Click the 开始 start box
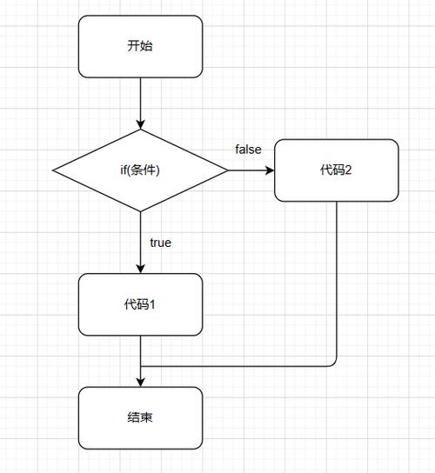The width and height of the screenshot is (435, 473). pyautogui.click(x=140, y=46)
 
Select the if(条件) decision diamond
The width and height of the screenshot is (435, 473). pyautogui.click(x=140, y=170)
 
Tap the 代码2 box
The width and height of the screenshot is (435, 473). pyautogui.click(x=336, y=170)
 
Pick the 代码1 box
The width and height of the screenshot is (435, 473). pyautogui.click(x=140, y=304)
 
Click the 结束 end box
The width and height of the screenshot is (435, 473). pyautogui.click(x=140, y=418)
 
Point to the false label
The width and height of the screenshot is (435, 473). pyautogui.click(x=248, y=150)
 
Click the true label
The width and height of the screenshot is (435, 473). pyautogui.click(x=161, y=243)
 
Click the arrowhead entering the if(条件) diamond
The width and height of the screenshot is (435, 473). pyautogui.click(x=140, y=124)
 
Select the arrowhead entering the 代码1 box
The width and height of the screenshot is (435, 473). pyautogui.click(x=140, y=269)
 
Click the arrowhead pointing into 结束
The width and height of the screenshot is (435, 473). pyautogui.click(x=140, y=383)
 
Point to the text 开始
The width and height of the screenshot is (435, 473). pyautogui.click(x=140, y=46)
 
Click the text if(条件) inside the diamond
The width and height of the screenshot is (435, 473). pyautogui.click(x=140, y=170)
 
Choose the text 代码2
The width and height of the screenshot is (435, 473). pyautogui.click(x=336, y=170)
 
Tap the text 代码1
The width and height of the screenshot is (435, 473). pyautogui.click(x=140, y=304)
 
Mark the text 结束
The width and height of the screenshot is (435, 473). pyautogui.click(x=140, y=418)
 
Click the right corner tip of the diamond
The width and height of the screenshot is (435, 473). pyautogui.click(x=228, y=170)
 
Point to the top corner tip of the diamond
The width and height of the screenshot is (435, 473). pyautogui.click(x=140, y=130)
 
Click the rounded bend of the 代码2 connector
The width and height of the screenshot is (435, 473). pyautogui.click(x=334, y=364)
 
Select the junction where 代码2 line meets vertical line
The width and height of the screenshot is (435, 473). pyautogui.click(x=140, y=366)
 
